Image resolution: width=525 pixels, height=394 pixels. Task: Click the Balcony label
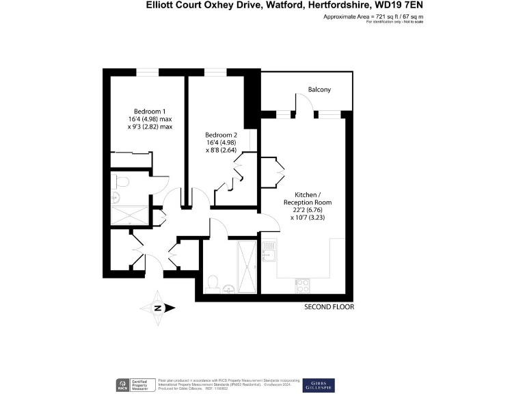[x=319, y=90]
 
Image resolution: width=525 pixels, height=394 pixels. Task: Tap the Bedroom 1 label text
[x=150, y=111]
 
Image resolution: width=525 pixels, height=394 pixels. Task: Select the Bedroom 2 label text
[x=222, y=135]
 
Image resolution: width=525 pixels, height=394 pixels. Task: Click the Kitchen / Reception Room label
[x=308, y=198]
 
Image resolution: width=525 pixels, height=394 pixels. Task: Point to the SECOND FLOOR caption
[x=329, y=308]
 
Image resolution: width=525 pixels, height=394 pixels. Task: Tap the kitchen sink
[x=269, y=252]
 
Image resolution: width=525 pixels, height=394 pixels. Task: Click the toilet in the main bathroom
[x=213, y=282]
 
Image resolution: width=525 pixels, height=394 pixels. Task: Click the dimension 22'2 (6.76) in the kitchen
[x=308, y=210]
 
